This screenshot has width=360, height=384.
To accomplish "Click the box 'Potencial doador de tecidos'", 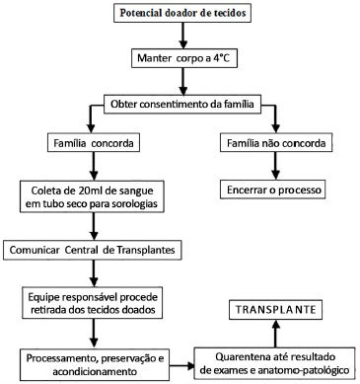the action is [x=182, y=13].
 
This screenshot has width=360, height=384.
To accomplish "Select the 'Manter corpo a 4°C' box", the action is [x=183, y=58].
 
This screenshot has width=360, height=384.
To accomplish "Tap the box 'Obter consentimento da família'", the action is [x=182, y=105].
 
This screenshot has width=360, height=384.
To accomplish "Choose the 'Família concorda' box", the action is [x=94, y=143].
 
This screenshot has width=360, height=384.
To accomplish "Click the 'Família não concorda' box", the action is [x=276, y=143].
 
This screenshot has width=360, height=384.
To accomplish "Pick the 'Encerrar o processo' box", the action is [x=272, y=190].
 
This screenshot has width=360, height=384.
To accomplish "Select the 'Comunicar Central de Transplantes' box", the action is [x=93, y=250].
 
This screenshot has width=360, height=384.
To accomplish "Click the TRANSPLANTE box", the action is [x=275, y=310].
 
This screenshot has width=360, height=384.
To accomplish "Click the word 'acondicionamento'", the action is [x=95, y=371].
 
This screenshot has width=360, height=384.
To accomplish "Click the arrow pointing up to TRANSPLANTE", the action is [x=276, y=334].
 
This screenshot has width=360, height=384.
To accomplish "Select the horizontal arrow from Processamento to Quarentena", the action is [x=181, y=365].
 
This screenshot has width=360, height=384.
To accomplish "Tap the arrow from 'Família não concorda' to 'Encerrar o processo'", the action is [x=276, y=166].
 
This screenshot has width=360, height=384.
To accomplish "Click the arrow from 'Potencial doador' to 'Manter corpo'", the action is [x=183, y=36].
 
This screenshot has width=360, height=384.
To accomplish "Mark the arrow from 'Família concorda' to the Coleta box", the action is [x=94, y=167].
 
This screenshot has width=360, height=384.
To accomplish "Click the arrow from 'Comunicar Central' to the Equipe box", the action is [x=94, y=273].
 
